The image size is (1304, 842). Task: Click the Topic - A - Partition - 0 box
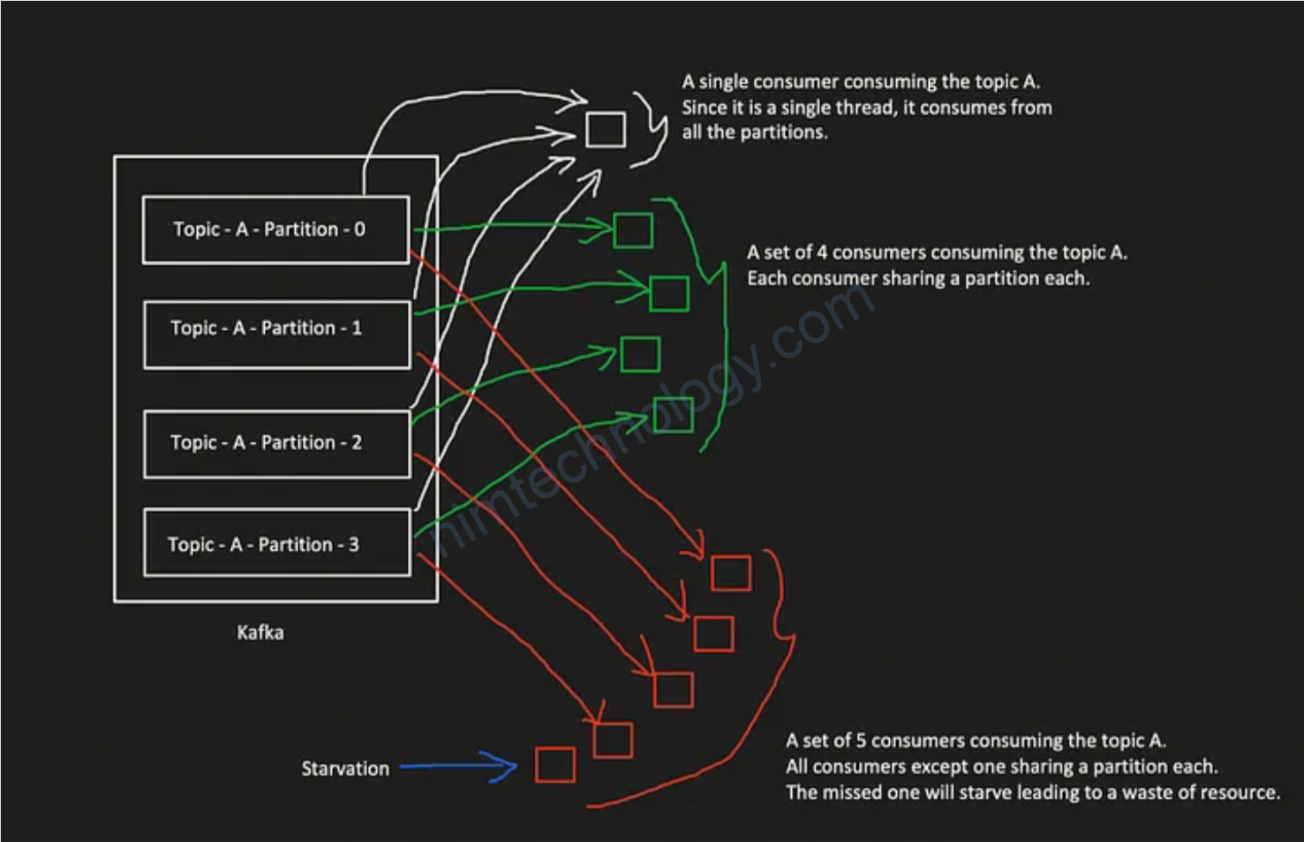[x=275, y=229]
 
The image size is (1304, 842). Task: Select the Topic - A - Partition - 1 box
[x=276, y=335]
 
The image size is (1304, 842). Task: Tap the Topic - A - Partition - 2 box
[x=276, y=444]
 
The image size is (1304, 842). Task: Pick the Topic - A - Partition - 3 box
[x=276, y=542]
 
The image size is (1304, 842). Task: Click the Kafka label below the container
[x=260, y=633]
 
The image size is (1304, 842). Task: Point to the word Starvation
[x=345, y=769]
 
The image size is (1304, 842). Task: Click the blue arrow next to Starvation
[x=458, y=766]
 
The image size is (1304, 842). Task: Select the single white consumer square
[x=606, y=130]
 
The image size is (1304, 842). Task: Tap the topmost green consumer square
[x=633, y=230]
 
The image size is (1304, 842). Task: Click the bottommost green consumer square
[x=675, y=415]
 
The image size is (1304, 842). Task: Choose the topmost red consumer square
[x=731, y=573]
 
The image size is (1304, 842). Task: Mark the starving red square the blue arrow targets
[x=555, y=764]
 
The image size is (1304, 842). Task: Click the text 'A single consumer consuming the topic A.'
[x=861, y=82]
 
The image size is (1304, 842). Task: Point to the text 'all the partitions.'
[x=754, y=132]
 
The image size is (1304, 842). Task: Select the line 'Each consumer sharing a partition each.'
[x=918, y=279]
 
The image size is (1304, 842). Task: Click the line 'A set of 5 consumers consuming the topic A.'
[x=976, y=741]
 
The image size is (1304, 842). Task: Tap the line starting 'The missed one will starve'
[x=1032, y=793]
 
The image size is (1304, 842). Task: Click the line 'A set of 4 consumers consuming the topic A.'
[x=937, y=252]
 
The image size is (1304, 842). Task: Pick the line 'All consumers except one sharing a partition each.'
[x=1001, y=766]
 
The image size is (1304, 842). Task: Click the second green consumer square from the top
[x=669, y=293]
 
